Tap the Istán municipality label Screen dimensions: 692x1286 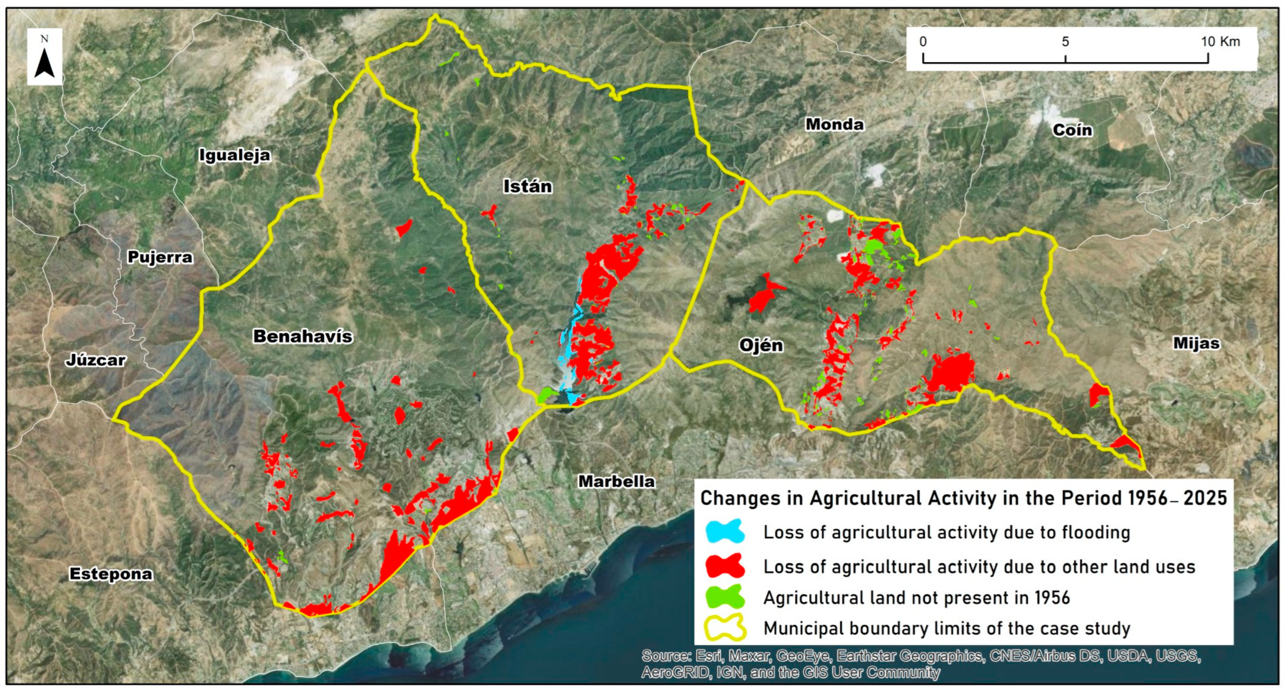point(527,187)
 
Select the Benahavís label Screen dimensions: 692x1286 point(302,336)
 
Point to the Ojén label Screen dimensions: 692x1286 point(761,345)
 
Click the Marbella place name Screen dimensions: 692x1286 point(616,482)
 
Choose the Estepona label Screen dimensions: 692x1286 point(111,574)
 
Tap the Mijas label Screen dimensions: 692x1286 point(1196,343)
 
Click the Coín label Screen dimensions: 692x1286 point(1072,130)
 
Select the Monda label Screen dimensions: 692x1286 point(834,124)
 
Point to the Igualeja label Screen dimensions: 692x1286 point(235,155)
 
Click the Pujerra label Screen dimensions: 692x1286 point(160,257)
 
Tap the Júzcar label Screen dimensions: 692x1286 point(95,360)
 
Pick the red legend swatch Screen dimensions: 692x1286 point(725,566)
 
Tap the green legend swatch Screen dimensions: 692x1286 point(725,597)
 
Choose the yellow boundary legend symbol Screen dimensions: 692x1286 point(725,627)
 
